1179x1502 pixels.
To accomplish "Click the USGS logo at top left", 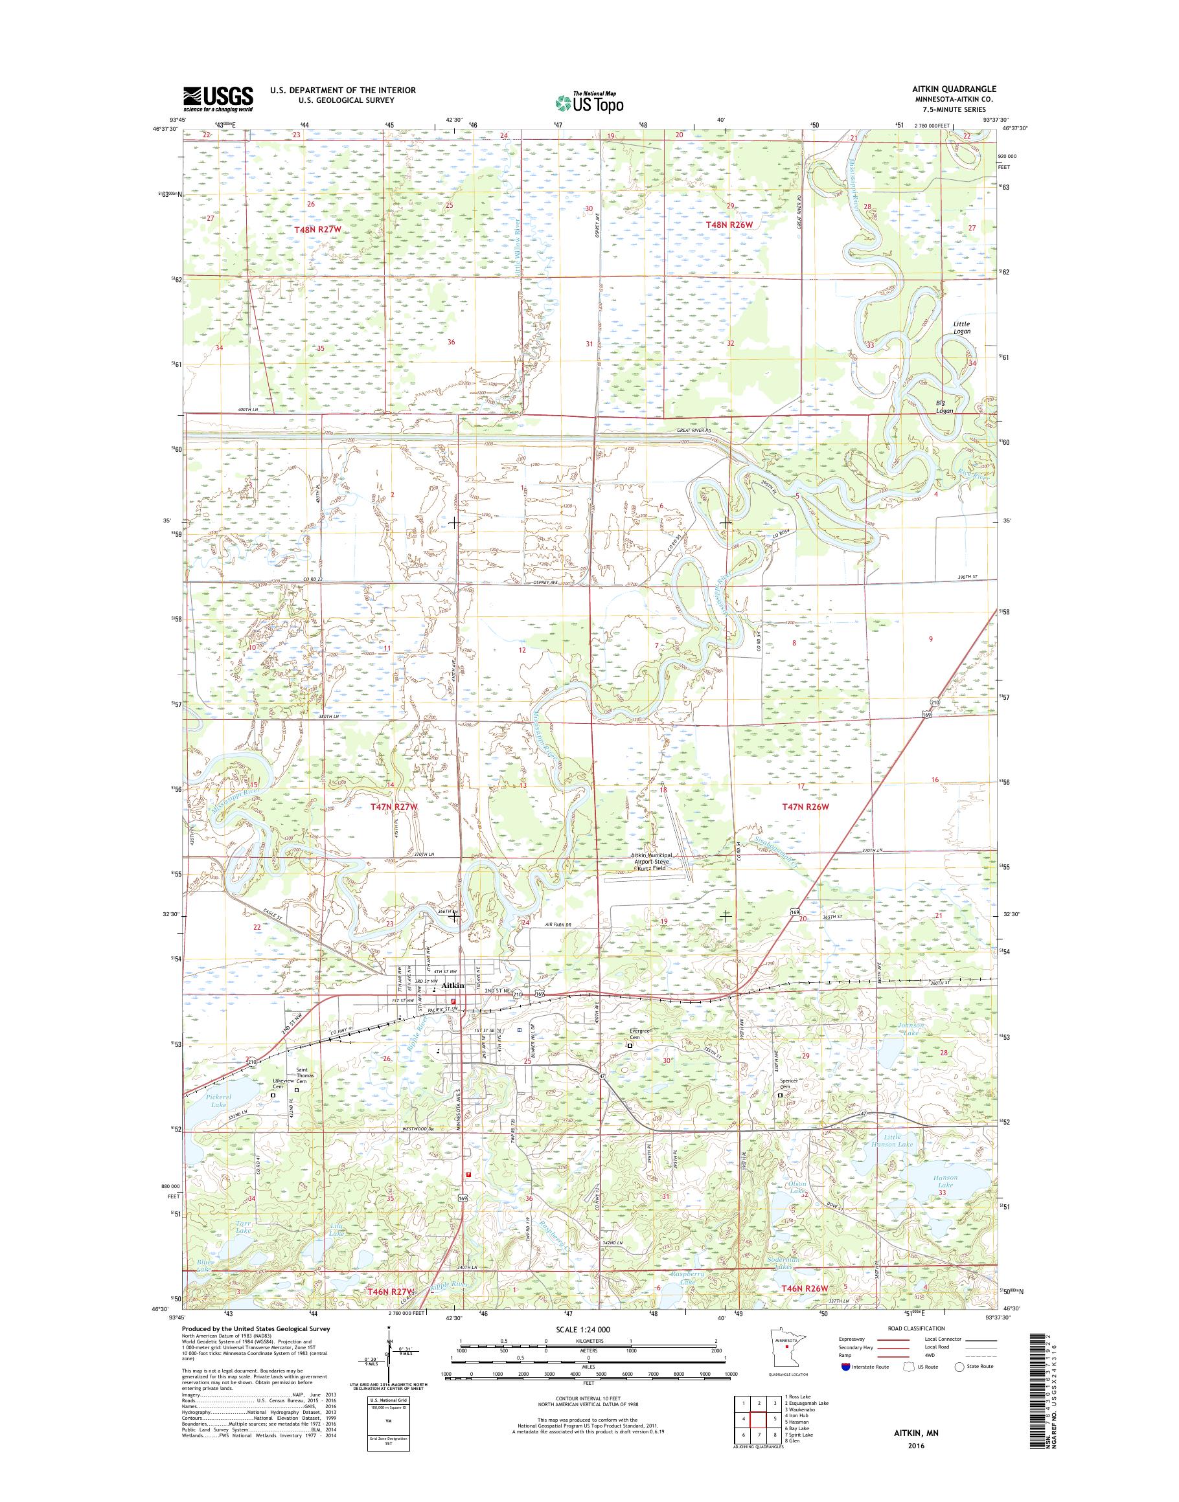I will (218, 98).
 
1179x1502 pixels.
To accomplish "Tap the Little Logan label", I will (961, 327).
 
